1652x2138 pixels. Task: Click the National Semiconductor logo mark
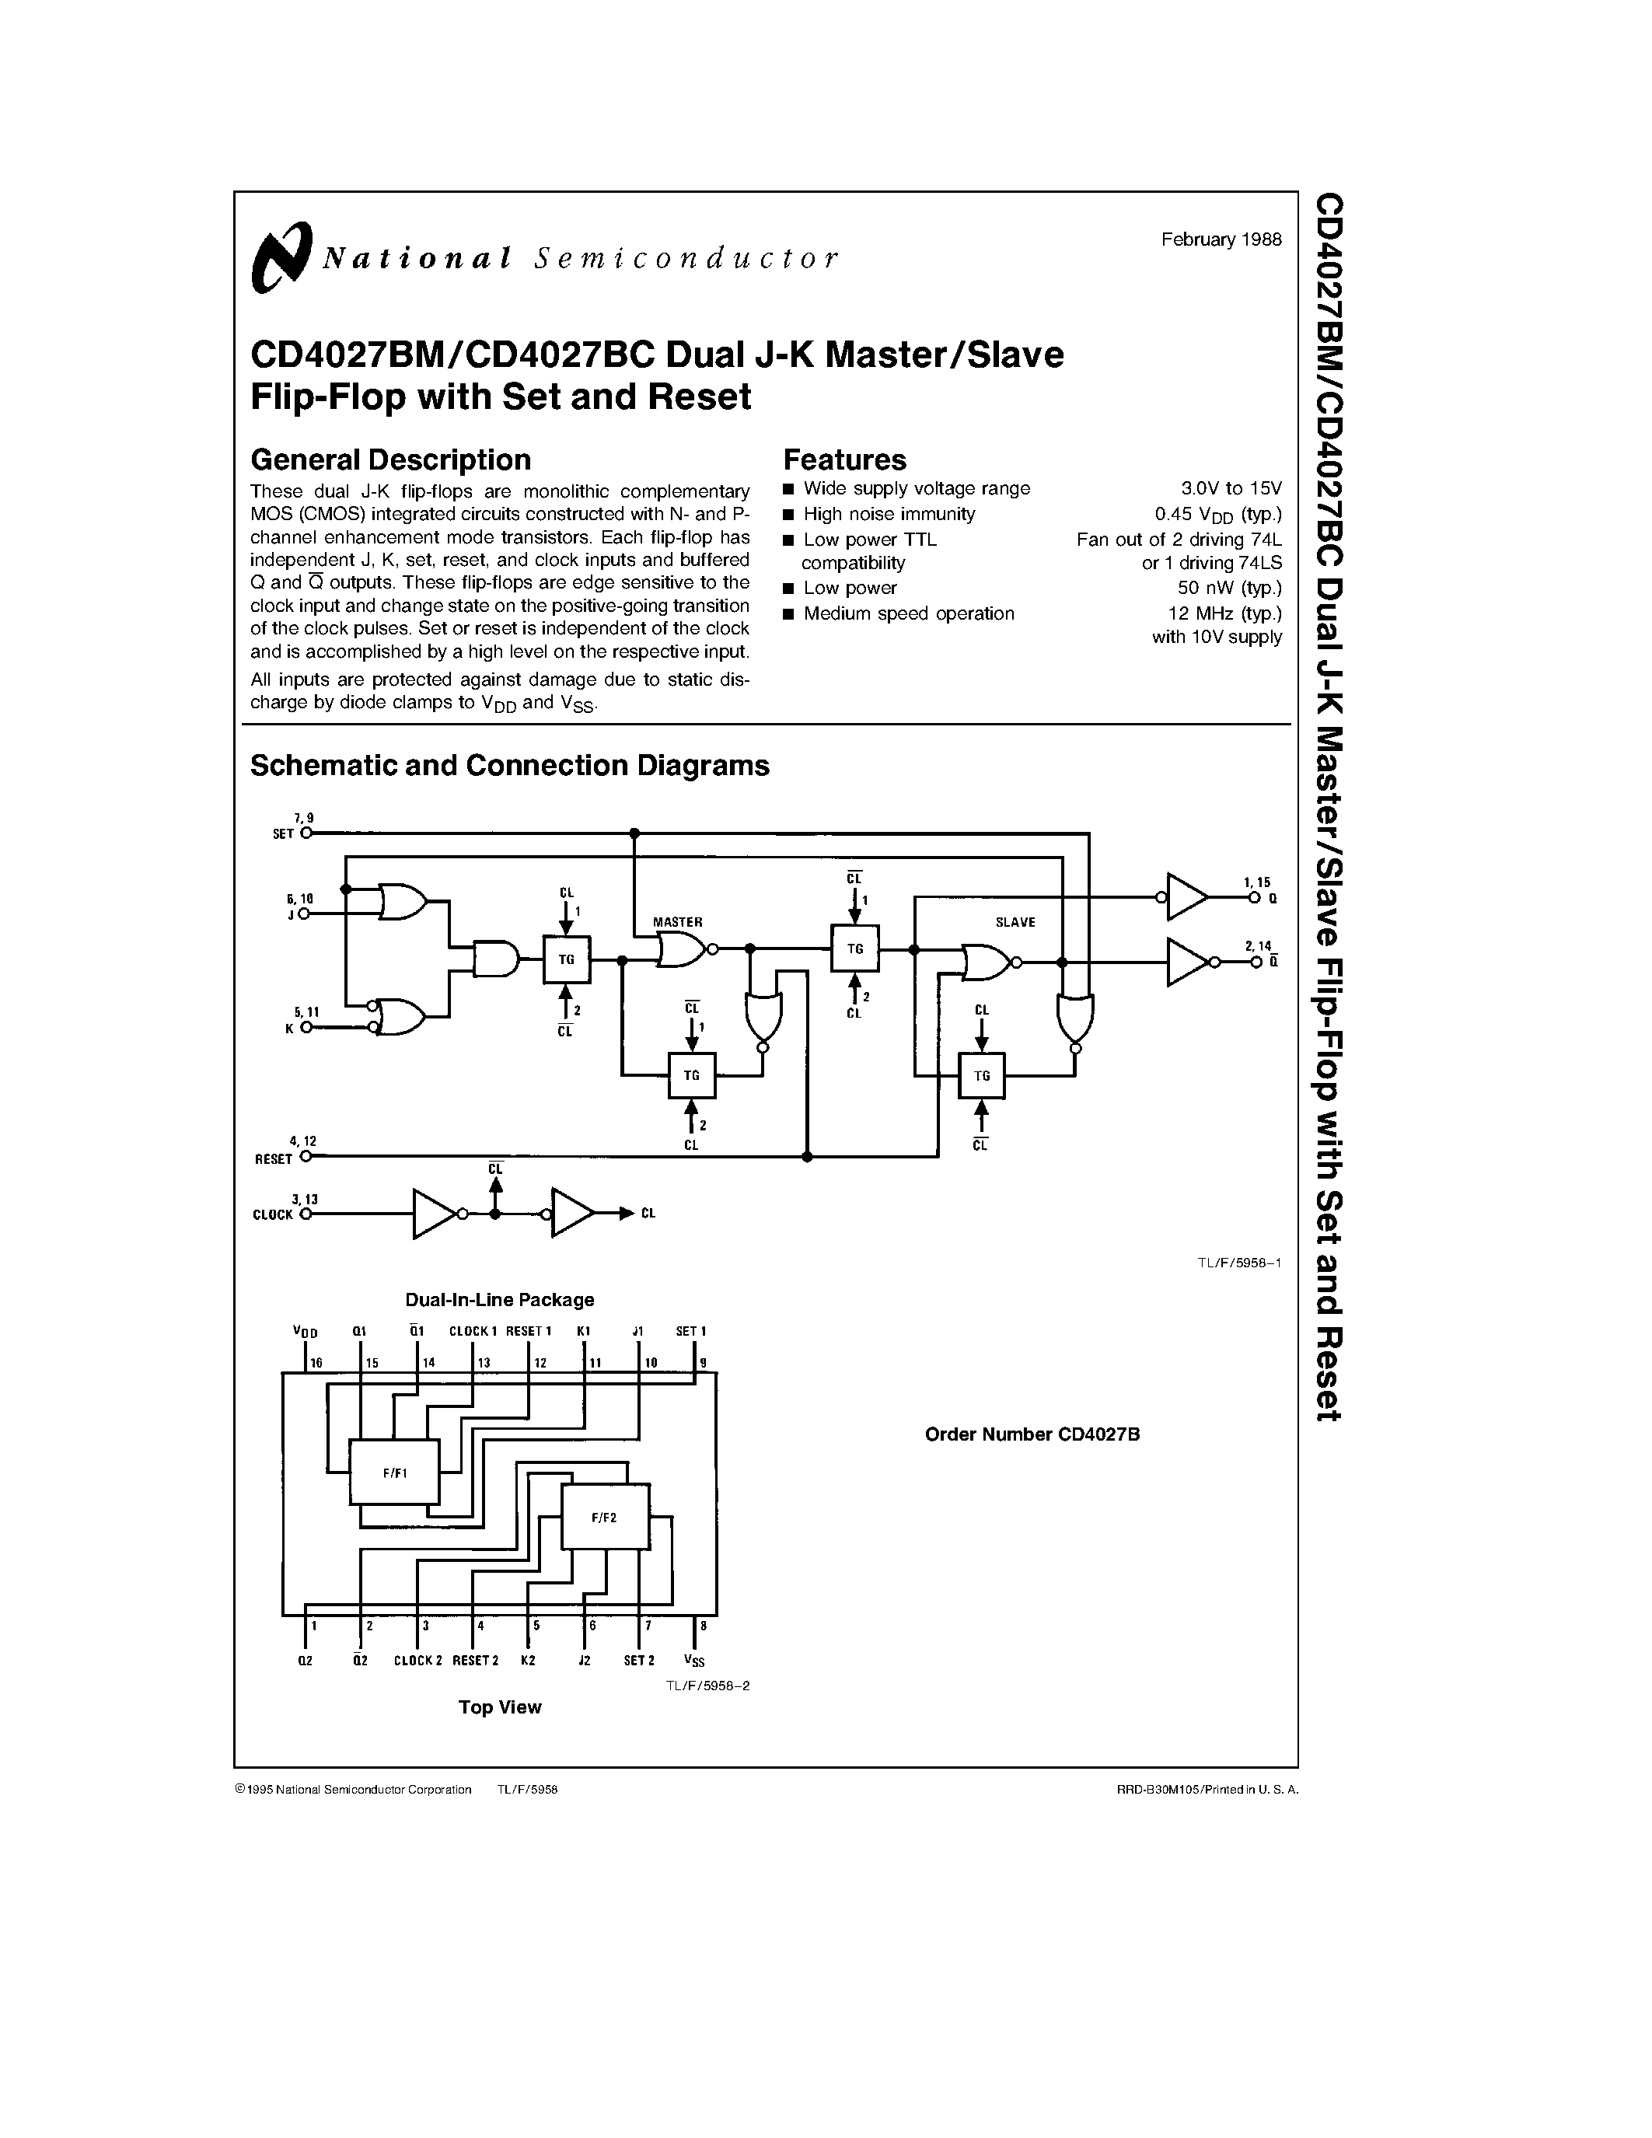pyautogui.click(x=281, y=257)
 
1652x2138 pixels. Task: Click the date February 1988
pyautogui.click(x=1221, y=239)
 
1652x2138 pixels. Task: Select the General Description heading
pyautogui.click(x=390, y=460)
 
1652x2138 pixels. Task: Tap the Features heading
pyautogui.click(x=844, y=460)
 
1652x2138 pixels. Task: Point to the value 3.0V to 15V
pyautogui.click(x=1231, y=488)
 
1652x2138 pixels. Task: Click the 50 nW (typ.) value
pyautogui.click(x=1229, y=589)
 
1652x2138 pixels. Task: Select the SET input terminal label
pyautogui.click(x=283, y=834)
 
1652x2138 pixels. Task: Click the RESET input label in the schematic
pyautogui.click(x=274, y=1159)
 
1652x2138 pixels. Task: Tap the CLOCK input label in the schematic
pyautogui.click(x=273, y=1215)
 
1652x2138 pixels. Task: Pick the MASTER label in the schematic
pyautogui.click(x=677, y=922)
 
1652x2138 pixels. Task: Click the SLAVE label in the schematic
pyautogui.click(x=1015, y=922)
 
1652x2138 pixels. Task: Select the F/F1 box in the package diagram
pyautogui.click(x=394, y=1473)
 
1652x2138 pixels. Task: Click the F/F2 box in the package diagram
pyautogui.click(x=605, y=1518)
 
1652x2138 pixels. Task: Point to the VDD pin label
pyautogui.click(x=306, y=1333)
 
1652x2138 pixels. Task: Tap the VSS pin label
pyautogui.click(x=694, y=1661)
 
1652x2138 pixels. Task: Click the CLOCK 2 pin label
pyautogui.click(x=418, y=1661)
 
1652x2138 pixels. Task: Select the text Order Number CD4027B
pyautogui.click(x=1032, y=1435)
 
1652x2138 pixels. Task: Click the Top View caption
pyautogui.click(x=500, y=1708)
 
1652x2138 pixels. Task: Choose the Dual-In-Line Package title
pyautogui.click(x=500, y=1301)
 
